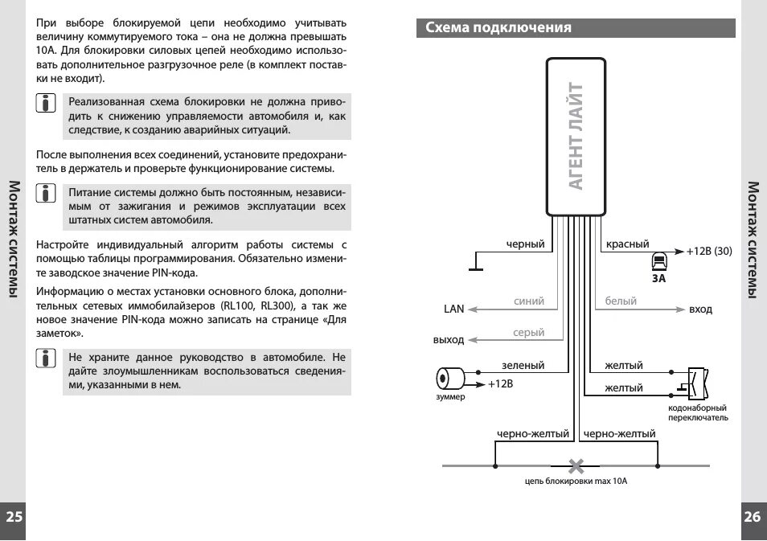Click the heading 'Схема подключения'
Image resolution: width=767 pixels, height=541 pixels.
tap(498, 28)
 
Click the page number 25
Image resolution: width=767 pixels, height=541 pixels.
tap(14, 517)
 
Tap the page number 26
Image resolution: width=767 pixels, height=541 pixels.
tap(752, 517)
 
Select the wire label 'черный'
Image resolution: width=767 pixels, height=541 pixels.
tap(526, 244)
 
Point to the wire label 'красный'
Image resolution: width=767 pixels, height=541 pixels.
tap(627, 244)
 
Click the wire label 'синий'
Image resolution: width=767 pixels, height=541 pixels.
tap(529, 301)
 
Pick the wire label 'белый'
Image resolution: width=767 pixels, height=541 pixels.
tap(621, 301)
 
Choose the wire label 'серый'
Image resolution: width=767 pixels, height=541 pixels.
tap(529, 333)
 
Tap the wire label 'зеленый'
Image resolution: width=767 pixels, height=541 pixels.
tap(523, 366)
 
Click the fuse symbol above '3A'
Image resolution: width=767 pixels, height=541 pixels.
tap(658, 260)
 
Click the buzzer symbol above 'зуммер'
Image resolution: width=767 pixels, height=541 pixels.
tap(449, 378)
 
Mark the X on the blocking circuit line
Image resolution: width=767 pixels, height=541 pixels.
tap(576, 465)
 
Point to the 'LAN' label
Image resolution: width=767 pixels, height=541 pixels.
tap(454, 309)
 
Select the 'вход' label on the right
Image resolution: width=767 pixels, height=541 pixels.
tap(700, 309)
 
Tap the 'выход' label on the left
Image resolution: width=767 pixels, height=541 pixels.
tap(449, 341)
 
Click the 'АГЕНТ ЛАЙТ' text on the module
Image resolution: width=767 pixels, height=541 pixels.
tap(576, 136)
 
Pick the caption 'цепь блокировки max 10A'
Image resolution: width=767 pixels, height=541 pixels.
tap(575, 482)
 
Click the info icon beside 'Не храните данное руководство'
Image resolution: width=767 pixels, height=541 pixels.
tap(47, 358)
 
